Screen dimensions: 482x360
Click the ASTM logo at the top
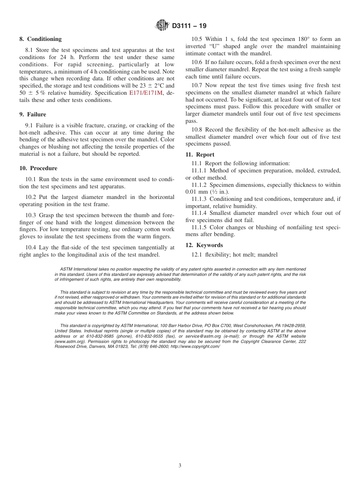click(162, 26)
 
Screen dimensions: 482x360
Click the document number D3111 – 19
click(189, 26)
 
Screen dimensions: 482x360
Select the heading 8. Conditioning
click(41, 39)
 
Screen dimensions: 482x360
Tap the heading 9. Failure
click(33, 114)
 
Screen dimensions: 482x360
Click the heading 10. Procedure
click(38, 168)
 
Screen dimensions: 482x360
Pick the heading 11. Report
click(200, 155)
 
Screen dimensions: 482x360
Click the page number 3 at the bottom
click(180, 465)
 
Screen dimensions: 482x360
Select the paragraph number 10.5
click(197, 39)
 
